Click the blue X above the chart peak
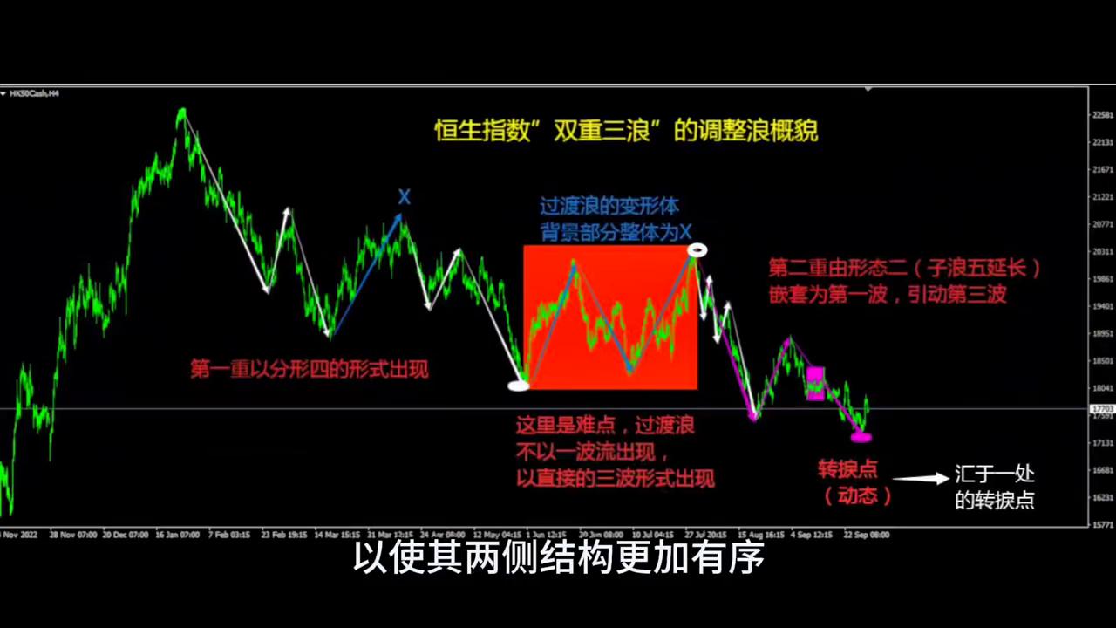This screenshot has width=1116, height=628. click(x=405, y=197)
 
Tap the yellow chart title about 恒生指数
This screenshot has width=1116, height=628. click(x=626, y=132)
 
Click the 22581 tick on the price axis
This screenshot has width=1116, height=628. click(x=1102, y=114)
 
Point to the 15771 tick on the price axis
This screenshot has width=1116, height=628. click(x=1102, y=524)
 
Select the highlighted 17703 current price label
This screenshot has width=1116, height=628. click(x=1102, y=408)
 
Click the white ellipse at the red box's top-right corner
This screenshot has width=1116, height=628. click(x=697, y=250)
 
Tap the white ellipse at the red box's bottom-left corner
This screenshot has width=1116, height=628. click(x=519, y=384)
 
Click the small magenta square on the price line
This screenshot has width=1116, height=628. click(x=815, y=383)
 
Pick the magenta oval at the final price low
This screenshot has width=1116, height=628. click(x=861, y=436)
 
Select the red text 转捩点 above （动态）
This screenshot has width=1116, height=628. click(x=847, y=470)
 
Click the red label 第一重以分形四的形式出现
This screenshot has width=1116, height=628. click(x=310, y=370)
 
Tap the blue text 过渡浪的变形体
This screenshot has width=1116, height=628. click(x=609, y=208)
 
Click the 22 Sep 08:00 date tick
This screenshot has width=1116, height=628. click(x=865, y=534)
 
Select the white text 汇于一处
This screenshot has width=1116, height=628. click(x=995, y=475)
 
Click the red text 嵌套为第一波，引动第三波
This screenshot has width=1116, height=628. click(x=888, y=295)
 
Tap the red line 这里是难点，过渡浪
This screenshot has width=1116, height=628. click(x=605, y=426)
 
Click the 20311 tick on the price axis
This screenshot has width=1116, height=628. click(x=1102, y=251)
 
